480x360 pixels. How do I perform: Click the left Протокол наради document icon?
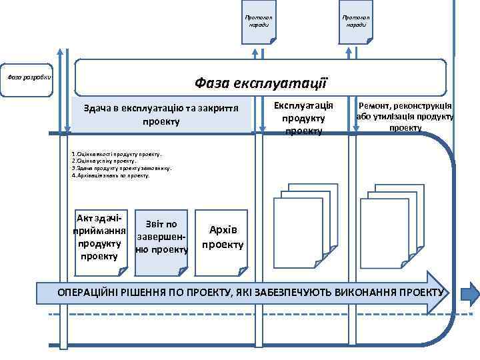(x=258, y=22)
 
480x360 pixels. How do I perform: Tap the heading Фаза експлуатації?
(x=260, y=83)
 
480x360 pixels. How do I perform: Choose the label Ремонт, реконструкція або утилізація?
(x=405, y=116)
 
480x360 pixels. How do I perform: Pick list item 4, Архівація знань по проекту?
(x=111, y=175)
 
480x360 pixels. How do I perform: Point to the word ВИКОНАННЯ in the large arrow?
(x=378, y=292)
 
